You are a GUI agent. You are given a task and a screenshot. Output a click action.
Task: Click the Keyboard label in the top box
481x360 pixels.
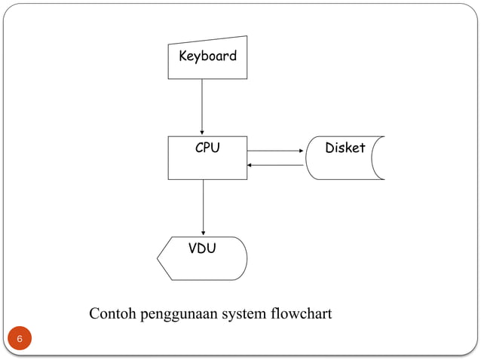pos(207,56)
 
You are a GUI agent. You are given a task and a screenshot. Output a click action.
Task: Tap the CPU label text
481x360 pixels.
pos(207,148)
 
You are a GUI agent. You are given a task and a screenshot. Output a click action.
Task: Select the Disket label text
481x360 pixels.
pos(345,148)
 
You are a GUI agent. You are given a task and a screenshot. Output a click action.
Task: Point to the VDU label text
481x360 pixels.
pos(201,248)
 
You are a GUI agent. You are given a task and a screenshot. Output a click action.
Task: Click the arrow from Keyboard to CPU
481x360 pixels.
pos(202,105)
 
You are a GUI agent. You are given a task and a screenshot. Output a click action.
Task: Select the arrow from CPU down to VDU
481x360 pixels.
pos(203,207)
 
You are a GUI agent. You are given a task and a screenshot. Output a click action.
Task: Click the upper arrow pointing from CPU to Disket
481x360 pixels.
pos(274,151)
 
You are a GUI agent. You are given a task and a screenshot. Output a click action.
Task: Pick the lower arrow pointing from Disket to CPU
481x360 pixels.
pos(276,165)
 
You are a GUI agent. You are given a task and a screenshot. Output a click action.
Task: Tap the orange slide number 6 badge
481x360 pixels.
pos(20,340)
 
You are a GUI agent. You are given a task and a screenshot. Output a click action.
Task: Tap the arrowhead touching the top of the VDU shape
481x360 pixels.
pos(203,233)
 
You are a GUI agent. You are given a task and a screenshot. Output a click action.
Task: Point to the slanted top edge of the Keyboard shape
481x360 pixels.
pos(207,39)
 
